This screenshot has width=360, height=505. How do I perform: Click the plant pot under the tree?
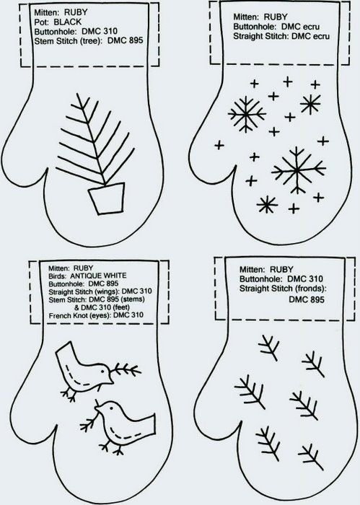pyautogui.click(x=107, y=198)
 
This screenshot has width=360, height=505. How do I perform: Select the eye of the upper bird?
pyautogui.click(x=102, y=371)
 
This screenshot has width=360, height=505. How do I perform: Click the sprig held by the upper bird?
pyautogui.click(x=126, y=371)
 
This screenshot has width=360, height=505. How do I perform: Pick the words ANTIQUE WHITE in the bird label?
pyautogui.click(x=98, y=276)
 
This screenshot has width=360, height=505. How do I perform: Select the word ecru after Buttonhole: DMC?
pyautogui.click(x=311, y=27)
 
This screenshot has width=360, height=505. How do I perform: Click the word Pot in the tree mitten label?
pyautogui.click(x=42, y=22)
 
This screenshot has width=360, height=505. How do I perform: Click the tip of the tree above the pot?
pyautogui.click(x=78, y=94)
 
